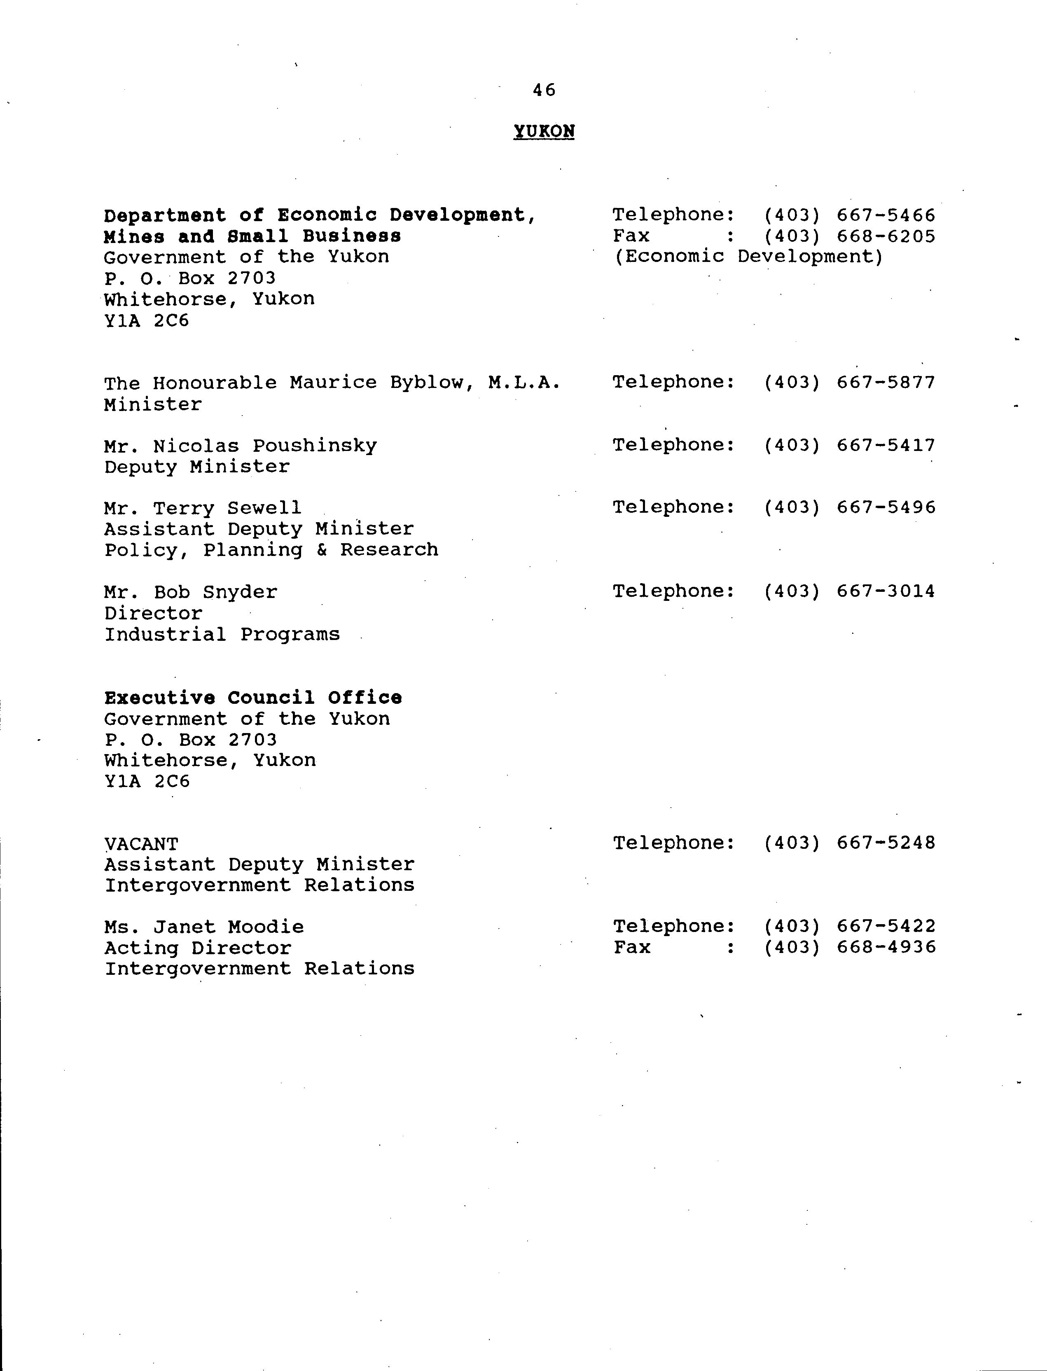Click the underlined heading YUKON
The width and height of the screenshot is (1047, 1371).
[x=543, y=131]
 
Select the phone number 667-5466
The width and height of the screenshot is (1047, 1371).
[x=886, y=216]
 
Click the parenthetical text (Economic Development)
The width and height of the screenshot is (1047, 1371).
[x=748, y=257]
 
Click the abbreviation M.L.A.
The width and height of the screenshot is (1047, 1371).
[x=524, y=383]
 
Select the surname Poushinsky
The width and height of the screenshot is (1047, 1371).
[x=315, y=446]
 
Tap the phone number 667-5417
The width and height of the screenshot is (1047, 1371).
[x=886, y=446]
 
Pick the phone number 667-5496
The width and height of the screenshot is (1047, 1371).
[x=886, y=508]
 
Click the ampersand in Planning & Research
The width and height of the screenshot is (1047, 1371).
[x=322, y=550]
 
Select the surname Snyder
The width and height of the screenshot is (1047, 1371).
[x=240, y=592]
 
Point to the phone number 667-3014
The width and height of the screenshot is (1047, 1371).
[x=886, y=591]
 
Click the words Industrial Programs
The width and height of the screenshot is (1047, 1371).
[x=222, y=634]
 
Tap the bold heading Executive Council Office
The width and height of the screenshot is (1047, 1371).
[x=253, y=698]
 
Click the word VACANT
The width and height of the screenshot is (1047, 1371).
[x=141, y=844]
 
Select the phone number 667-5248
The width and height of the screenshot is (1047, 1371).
[x=886, y=843]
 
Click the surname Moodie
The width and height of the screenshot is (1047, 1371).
[x=266, y=927]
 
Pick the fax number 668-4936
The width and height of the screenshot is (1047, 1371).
[x=886, y=947]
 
